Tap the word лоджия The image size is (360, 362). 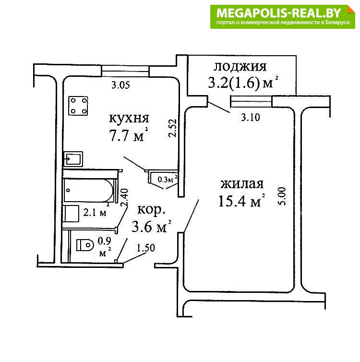click(240, 67)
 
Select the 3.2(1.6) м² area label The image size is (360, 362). click(243, 83)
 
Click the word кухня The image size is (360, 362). click(129, 118)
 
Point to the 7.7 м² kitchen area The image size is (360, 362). click(129, 135)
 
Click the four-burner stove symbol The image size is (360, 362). click(78, 106)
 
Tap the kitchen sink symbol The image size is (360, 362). click(73, 159)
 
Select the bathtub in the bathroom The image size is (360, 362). click(89, 190)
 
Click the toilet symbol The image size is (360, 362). click(85, 245)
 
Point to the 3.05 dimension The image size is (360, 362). click(120, 85)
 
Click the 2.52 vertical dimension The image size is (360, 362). click(172, 128)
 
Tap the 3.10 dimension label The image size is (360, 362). click(251, 118)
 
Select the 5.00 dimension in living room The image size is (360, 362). click(282, 196)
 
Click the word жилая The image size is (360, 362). click(242, 184)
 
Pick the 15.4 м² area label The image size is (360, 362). click(241, 201)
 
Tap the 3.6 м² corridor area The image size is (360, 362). click(151, 226)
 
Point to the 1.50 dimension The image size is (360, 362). click(146, 248)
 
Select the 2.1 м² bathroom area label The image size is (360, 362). click(96, 211)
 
